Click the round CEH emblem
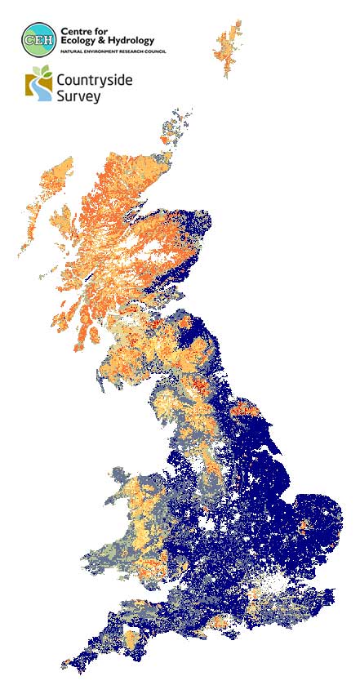(x=39, y=38)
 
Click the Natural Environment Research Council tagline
(x=106, y=51)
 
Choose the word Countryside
(x=94, y=81)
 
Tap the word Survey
(x=78, y=96)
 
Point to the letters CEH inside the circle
(x=39, y=38)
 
